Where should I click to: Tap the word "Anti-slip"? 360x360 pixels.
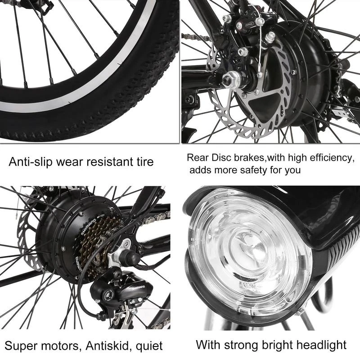click(28, 162)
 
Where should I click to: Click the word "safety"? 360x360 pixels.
click(247, 170)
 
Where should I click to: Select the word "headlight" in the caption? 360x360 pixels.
click(319, 345)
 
